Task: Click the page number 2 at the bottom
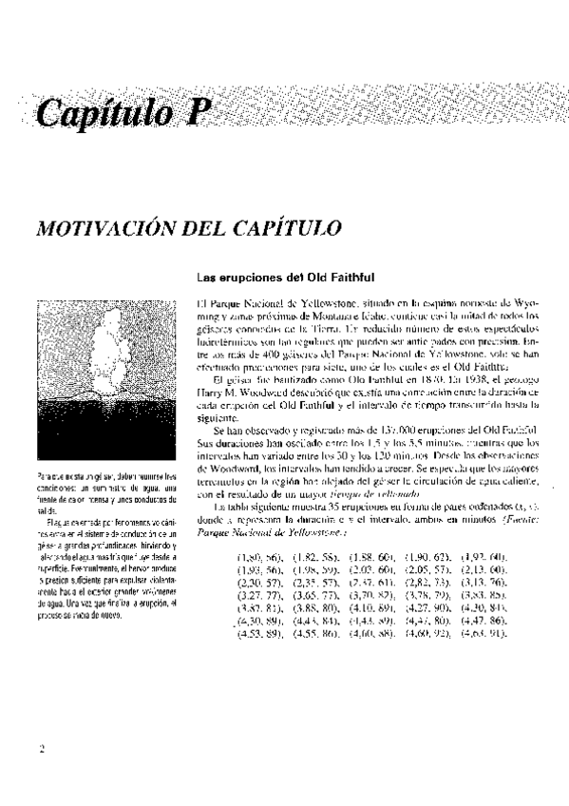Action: [x=43, y=774]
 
